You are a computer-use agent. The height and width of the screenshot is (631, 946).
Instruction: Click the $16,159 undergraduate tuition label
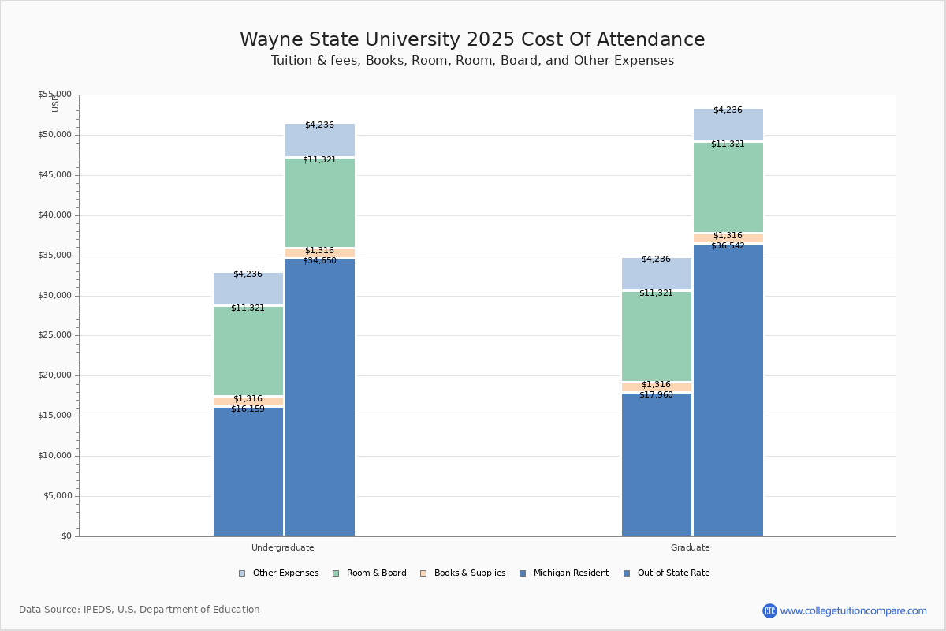(x=248, y=409)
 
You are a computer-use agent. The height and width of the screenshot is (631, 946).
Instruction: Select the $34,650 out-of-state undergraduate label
(x=319, y=261)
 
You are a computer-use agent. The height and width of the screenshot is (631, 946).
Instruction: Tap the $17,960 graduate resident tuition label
(x=656, y=395)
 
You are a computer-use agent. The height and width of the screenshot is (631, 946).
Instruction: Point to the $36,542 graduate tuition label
(x=728, y=246)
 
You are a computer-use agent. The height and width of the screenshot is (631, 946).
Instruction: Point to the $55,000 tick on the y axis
(x=54, y=95)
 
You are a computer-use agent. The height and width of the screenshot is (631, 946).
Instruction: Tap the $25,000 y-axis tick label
(x=54, y=335)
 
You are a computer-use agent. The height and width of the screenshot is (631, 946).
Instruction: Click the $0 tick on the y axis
(x=65, y=536)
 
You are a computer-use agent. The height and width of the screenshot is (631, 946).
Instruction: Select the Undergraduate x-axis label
(x=282, y=547)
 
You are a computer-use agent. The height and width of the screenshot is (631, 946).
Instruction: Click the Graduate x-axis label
(x=690, y=547)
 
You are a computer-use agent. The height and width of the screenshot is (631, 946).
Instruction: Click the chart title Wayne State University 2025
(x=472, y=40)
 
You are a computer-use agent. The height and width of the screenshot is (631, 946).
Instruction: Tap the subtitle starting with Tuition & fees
(x=472, y=61)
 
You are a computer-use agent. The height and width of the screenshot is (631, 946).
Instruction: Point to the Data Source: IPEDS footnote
(x=140, y=610)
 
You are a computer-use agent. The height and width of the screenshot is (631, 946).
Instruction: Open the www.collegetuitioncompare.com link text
(x=853, y=610)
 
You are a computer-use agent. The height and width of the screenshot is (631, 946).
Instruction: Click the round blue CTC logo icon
(x=769, y=610)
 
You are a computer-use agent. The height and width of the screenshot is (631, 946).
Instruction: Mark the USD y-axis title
(x=55, y=103)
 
